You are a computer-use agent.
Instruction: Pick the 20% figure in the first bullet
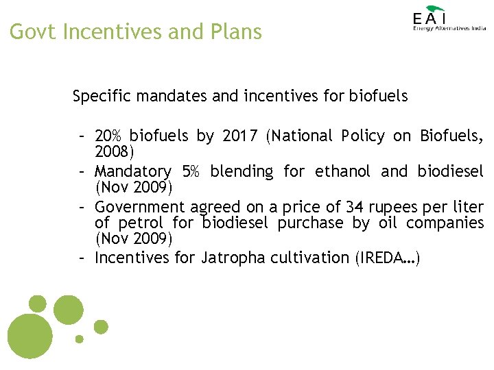click(x=109, y=136)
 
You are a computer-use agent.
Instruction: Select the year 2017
click(x=242, y=136)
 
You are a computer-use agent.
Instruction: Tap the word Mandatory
click(x=132, y=171)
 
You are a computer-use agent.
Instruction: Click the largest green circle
click(x=30, y=336)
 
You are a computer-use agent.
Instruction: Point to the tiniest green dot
click(x=80, y=338)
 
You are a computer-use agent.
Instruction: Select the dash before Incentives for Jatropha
click(x=81, y=258)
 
